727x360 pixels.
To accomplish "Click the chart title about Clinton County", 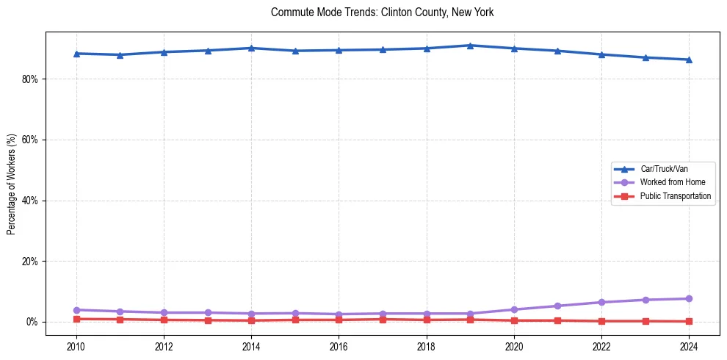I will click(382, 12).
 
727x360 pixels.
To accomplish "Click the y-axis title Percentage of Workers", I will click(11, 184).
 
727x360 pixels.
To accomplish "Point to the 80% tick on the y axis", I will click(29, 79).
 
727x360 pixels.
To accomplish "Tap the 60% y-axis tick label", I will click(29, 140).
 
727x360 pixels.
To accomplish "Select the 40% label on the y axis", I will click(29, 201).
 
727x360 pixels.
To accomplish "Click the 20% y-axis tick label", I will click(29, 262).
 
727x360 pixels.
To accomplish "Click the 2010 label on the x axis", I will click(76, 346).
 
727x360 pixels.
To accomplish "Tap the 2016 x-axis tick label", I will click(339, 346).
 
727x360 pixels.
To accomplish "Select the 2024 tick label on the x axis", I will click(689, 346).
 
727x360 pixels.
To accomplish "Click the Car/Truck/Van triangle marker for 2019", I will click(470, 46).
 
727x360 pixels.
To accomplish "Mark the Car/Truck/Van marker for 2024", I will click(689, 60).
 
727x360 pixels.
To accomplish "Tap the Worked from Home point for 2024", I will click(689, 298).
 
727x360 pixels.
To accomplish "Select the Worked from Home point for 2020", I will click(514, 309).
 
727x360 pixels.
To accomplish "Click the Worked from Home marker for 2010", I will click(76, 310).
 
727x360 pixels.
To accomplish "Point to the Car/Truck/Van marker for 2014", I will click(251, 48).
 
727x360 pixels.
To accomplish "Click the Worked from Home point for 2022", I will click(601, 302).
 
